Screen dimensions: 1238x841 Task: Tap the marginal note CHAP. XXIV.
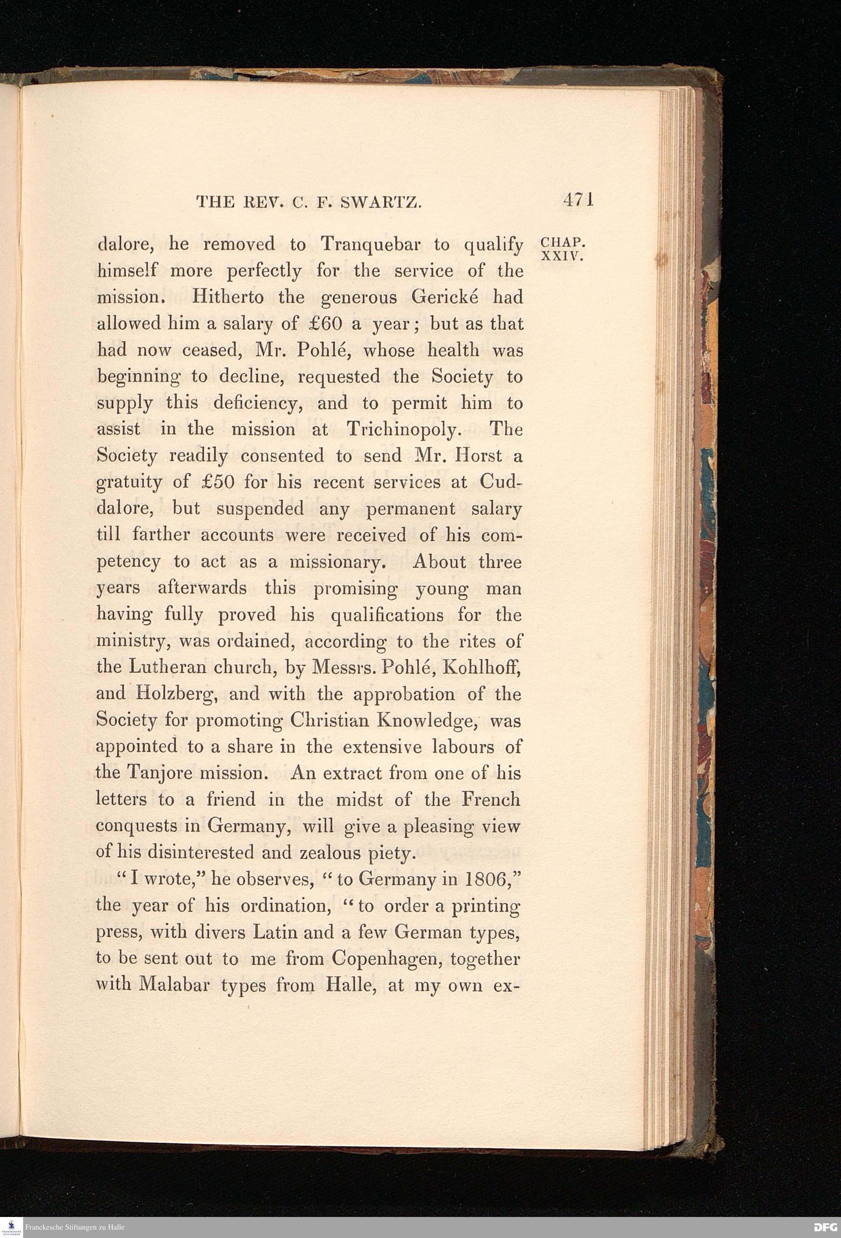[x=563, y=249]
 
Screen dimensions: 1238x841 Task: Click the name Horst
[x=475, y=455]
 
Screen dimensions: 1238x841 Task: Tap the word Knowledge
[x=426, y=720]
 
